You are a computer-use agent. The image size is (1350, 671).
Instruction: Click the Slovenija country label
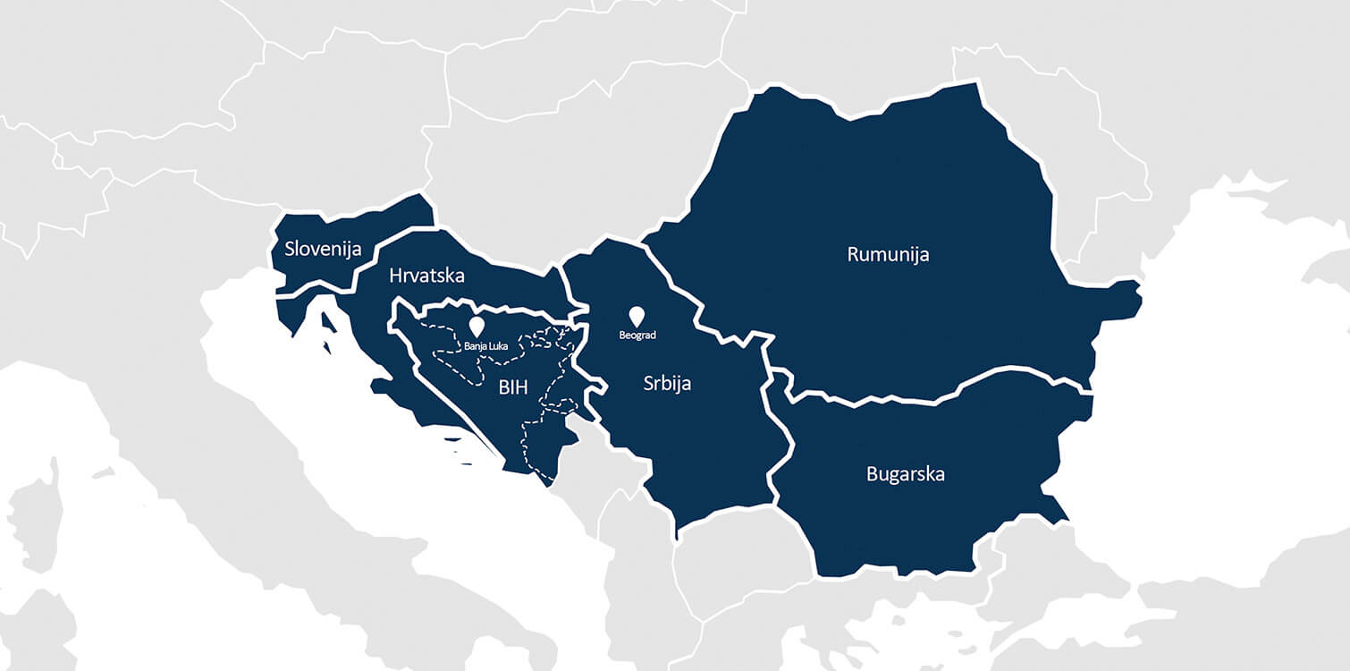pyautogui.click(x=323, y=248)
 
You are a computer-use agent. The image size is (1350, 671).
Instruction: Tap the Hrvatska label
pyautogui.click(x=426, y=276)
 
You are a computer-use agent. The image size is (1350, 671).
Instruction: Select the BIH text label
pyautogui.click(x=513, y=387)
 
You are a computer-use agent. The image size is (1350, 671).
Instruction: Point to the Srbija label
pyautogui.click(x=667, y=384)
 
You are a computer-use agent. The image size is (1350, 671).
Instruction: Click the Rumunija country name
pyautogui.click(x=888, y=254)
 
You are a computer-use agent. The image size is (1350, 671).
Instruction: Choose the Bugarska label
pyautogui.click(x=905, y=473)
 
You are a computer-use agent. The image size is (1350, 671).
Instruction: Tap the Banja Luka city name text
pyautogui.click(x=485, y=345)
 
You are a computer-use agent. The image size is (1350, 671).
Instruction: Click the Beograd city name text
pyautogui.click(x=637, y=335)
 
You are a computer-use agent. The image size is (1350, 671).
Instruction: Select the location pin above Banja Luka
pyautogui.click(x=477, y=326)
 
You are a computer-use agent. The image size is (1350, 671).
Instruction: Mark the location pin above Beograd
pyautogui.click(x=637, y=316)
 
